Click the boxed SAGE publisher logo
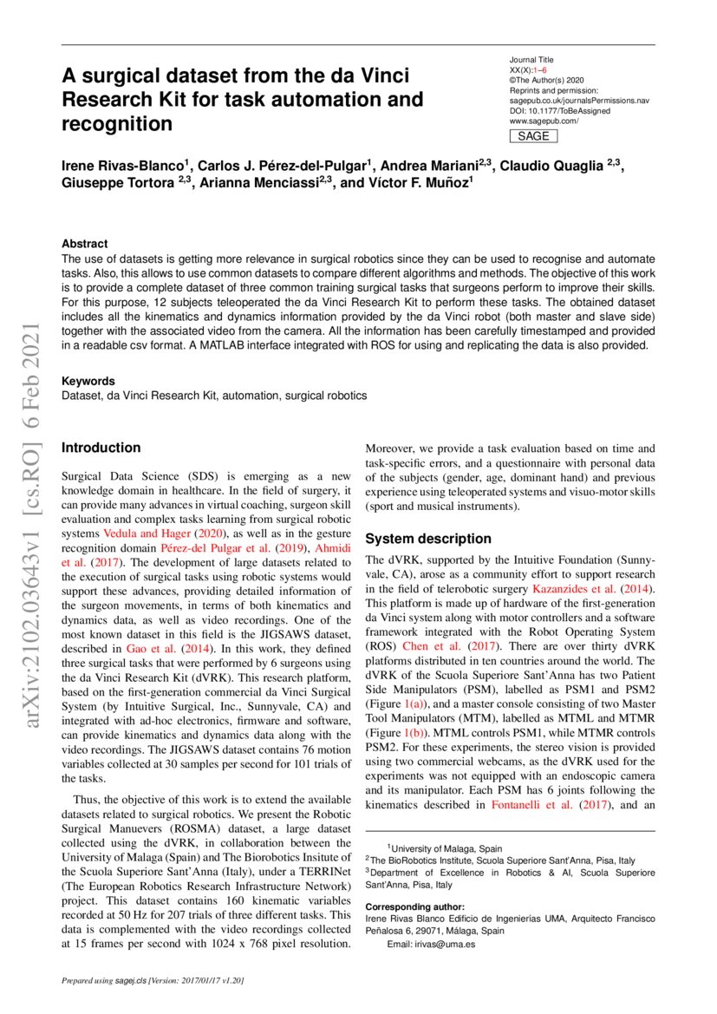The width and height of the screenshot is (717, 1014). coord(533,136)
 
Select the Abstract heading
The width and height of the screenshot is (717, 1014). coord(85,245)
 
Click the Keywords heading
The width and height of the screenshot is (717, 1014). coord(88,381)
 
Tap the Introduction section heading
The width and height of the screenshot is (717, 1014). coord(101,448)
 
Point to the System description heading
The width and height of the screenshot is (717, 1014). coord(428,538)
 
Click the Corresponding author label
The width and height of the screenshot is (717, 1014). coord(415,907)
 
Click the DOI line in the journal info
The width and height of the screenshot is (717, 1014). coord(559,111)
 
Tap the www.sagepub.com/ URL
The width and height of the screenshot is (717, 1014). coord(544,121)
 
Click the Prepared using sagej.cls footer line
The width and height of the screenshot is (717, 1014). coord(153,981)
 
